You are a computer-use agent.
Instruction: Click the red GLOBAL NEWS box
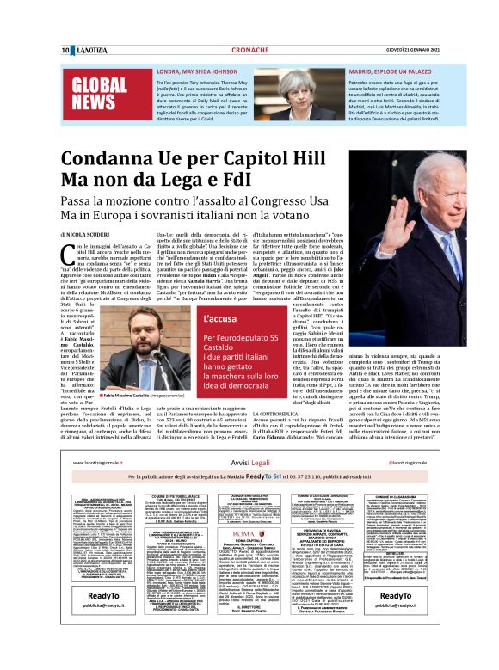pyautogui.click(x=99, y=95)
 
